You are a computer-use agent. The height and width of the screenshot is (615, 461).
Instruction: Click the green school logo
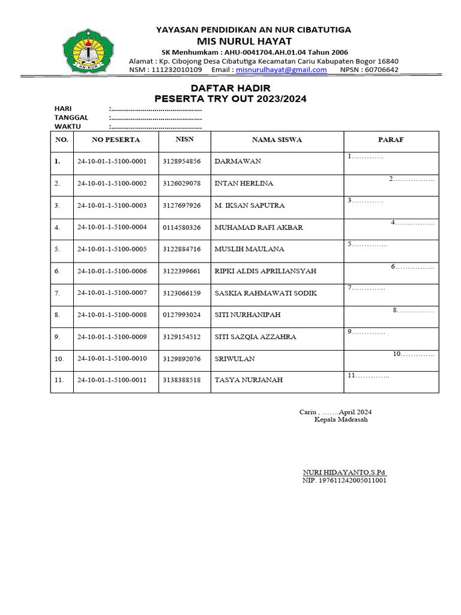(89, 49)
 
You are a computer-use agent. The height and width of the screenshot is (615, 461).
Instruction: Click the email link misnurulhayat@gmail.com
(282, 70)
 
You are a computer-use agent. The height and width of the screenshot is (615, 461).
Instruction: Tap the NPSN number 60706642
(381, 70)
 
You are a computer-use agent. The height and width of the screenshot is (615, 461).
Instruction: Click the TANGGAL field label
(71, 118)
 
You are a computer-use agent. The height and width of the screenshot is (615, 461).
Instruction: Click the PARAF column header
(390, 140)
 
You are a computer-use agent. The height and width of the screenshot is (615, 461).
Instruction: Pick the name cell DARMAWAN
(238, 162)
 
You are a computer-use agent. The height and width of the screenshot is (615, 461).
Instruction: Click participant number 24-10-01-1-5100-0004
(112, 228)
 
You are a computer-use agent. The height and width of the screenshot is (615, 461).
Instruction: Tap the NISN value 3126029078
(181, 183)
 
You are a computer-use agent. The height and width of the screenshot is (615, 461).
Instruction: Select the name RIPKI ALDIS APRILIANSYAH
(265, 271)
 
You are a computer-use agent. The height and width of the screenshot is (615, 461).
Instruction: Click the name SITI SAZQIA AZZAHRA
(255, 337)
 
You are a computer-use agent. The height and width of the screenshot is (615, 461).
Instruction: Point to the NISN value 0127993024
(181, 315)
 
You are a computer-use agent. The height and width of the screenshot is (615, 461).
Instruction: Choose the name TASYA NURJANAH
(249, 380)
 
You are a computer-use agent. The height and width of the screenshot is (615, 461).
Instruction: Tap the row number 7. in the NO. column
(58, 293)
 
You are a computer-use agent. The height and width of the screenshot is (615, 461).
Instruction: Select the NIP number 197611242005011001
(344, 481)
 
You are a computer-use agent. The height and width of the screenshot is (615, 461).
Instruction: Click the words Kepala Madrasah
(341, 419)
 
